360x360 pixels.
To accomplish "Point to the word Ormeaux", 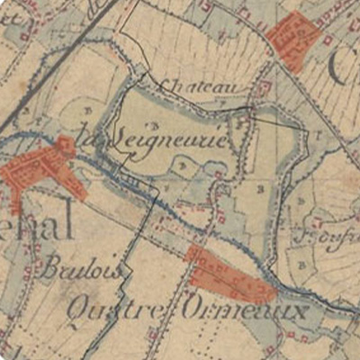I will click(x=244, y=311).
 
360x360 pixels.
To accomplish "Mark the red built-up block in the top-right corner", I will click(x=293, y=39).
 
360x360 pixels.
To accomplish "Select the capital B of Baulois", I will click(x=50, y=267).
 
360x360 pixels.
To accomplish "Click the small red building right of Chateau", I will click(x=264, y=87).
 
